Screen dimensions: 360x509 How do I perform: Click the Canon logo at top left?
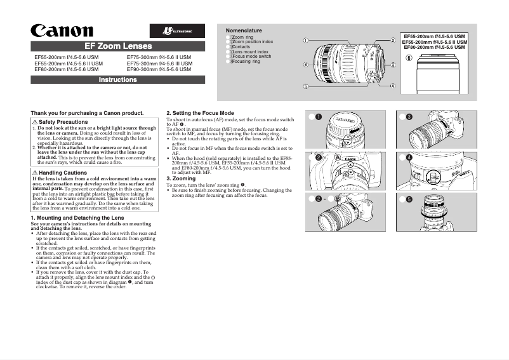(63, 30)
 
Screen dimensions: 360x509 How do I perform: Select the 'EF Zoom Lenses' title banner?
(118, 46)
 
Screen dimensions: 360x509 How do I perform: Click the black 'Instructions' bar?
(118, 80)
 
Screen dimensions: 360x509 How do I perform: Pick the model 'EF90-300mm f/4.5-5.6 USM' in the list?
(159, 69)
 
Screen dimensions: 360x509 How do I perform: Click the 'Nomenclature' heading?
(244, 30)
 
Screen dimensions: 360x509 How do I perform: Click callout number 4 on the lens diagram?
(393, 86)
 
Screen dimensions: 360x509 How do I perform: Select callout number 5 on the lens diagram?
(306, 86)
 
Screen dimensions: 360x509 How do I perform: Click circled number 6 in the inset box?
(409, 58)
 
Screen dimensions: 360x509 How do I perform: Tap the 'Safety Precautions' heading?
(63, 121)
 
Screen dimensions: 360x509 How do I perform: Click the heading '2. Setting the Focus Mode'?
(200, 113)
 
